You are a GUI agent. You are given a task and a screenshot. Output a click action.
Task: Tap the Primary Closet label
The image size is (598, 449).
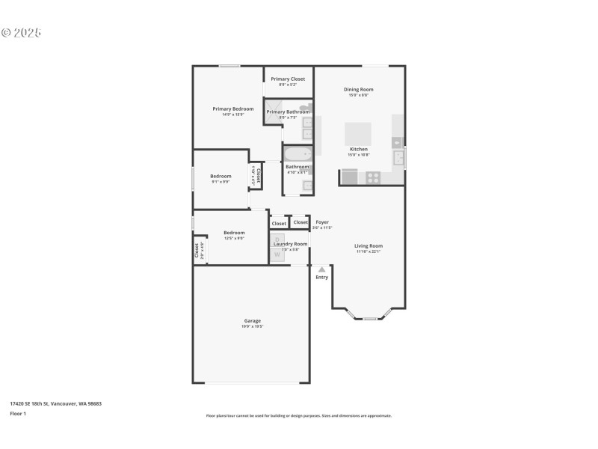[x=288, y=79]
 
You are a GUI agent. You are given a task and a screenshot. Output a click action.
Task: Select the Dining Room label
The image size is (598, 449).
[x=358, y=89]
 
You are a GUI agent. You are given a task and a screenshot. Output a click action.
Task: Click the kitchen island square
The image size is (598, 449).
[x=357, y=134]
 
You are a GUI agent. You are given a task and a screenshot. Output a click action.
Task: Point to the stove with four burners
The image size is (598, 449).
[x=372, y=177]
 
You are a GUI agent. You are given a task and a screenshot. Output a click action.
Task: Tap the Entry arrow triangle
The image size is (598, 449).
[x=321, y=269]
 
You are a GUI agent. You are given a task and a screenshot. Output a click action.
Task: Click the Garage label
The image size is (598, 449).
[x=252, y=321]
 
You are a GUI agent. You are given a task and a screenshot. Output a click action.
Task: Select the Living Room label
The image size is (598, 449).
[x=369, y=245]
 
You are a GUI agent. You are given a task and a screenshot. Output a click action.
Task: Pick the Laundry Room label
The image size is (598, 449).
[x=290, y=244]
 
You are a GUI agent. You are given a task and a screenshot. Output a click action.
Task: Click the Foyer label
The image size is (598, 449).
[x=322, y=222]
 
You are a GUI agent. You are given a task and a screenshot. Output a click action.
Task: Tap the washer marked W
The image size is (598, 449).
[x=277, y=255]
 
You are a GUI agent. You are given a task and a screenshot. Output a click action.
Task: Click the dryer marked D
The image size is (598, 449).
[x=277, y=239]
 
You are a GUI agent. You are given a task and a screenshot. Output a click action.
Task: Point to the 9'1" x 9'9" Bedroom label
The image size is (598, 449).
[x=221, y=176]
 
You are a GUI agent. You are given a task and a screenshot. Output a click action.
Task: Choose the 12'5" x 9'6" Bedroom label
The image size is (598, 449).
[x=234, y=233]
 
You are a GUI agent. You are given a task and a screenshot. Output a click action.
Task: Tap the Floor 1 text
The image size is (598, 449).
[x=18, y=413]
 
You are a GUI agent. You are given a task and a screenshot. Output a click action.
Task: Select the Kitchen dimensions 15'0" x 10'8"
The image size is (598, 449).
[x=358, y=155]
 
